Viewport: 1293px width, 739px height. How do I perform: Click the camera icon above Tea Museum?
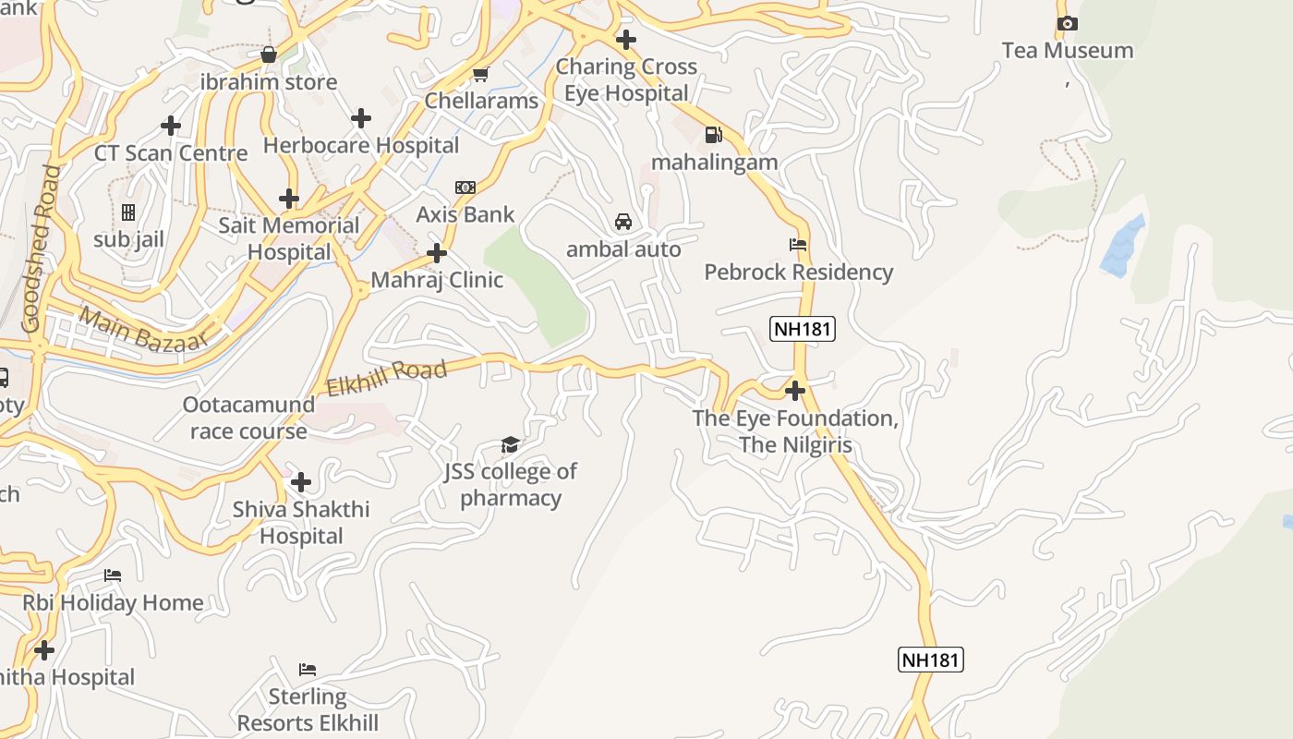coord(1067,24)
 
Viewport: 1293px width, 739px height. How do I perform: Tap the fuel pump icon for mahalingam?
coord(713,135)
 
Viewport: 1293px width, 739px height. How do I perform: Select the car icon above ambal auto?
coord(623,222)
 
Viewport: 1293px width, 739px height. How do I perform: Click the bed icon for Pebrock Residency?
coord(798,245)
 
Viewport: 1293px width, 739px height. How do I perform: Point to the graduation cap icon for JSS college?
coord(510,445)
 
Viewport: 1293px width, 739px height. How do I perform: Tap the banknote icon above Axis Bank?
coord(465,188)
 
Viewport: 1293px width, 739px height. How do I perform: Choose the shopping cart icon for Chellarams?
coord(480,74)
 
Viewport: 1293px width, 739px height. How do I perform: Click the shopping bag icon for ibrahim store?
coord(268,55)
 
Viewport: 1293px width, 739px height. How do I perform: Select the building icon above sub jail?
coord(128,212)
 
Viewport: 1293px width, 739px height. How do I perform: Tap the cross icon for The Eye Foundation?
coord(794,391)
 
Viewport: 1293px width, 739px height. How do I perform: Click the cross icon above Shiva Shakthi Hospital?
coord(300,482)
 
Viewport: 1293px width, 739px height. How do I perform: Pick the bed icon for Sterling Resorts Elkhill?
coord(308,669)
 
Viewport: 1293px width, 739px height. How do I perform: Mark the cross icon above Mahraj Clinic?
coord(437,253)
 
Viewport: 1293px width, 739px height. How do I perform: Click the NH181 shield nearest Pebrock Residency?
coord(802,328)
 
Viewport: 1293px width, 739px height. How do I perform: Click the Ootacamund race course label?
coord(248,418)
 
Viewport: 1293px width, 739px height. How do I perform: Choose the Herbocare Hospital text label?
coord(360,145)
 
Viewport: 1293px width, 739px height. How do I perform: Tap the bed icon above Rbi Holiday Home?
coord(112,575)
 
